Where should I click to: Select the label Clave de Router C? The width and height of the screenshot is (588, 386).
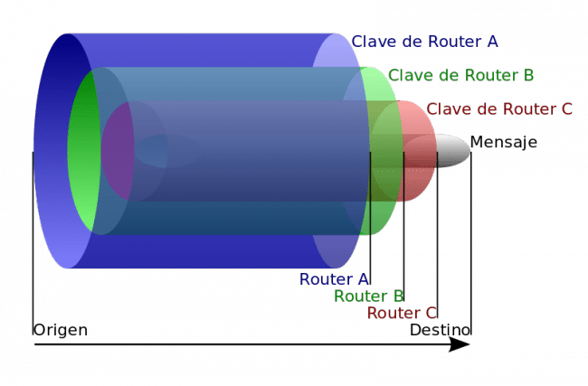[499, 109]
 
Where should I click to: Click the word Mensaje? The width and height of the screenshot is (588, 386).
[504, 143]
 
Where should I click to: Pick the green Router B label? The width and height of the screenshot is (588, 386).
[369, 297]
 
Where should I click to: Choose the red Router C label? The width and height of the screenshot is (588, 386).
[402, 314]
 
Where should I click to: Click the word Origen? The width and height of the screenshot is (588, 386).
[61, 330]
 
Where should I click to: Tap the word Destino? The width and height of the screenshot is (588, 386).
[441, 330]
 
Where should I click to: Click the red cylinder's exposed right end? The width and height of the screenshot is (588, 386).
[417, 150]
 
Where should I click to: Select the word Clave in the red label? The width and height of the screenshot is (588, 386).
[444, 109]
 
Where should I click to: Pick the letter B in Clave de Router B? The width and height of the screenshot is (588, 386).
[532, 75]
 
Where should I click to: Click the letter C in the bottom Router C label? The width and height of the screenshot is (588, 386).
[432, 314]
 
